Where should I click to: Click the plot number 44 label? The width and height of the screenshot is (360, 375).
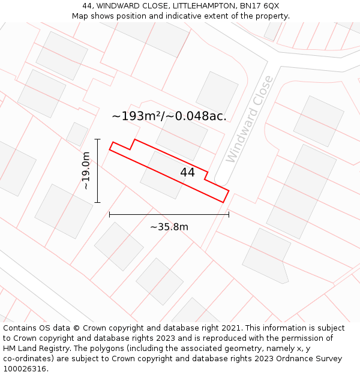(187, 172)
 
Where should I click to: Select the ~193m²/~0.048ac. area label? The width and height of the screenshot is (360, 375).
(169, 116)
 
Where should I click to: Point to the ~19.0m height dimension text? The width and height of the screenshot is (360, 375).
(86, 171)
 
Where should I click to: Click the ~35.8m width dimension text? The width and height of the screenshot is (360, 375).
(169, 227)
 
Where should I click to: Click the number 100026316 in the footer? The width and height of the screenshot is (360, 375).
(26, 369)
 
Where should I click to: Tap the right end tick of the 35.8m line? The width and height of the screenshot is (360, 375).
(229, 214)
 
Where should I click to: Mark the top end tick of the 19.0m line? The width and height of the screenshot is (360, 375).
(97, 139)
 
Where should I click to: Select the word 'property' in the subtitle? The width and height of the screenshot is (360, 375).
(271, 16)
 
